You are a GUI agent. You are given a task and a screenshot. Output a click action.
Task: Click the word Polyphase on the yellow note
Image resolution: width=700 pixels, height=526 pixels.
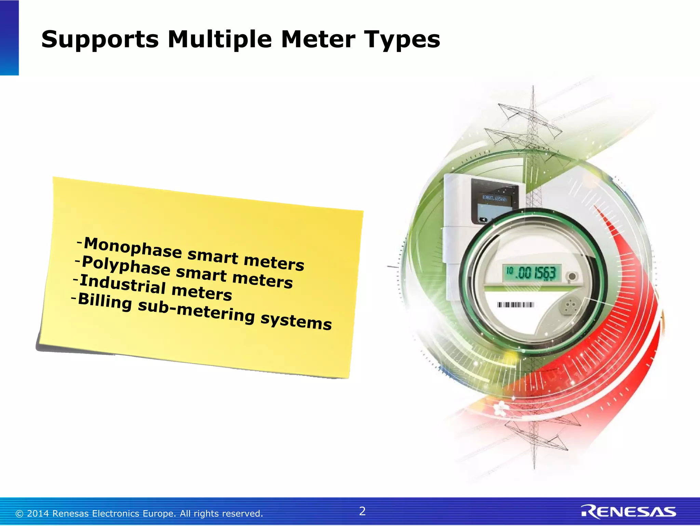(126, 266)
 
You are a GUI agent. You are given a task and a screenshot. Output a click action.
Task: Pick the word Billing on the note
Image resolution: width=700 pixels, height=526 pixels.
(105, 301)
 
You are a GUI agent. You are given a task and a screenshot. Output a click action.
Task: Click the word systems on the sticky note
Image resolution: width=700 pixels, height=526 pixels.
(296, 321)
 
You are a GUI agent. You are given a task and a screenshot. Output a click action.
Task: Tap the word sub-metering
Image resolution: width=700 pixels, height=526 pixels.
(196, 311)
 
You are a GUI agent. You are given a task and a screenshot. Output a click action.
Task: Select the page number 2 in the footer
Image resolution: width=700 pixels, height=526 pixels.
(362, 511)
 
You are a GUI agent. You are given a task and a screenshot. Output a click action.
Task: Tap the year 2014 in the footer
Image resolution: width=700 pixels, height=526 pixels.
(38, 514)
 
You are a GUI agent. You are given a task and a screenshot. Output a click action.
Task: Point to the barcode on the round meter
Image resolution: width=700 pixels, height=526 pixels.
(515, 305)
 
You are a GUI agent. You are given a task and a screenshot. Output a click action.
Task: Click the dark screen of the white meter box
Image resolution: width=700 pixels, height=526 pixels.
(494, 205)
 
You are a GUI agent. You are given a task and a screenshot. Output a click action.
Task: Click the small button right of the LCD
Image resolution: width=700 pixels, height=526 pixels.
(572, 276)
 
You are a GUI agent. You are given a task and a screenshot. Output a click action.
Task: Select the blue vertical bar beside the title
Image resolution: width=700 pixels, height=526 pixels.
(9, 38)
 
